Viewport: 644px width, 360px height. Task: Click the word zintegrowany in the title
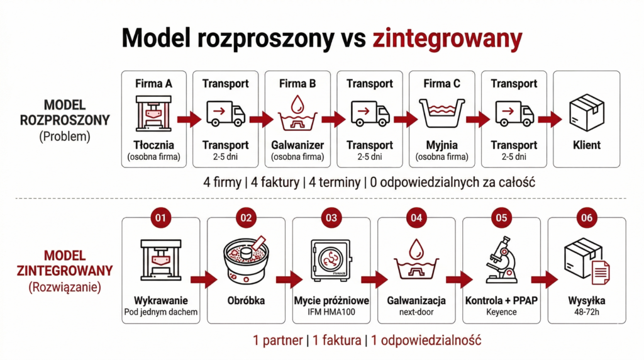(447, 38)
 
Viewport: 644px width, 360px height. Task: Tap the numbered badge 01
(161, 218)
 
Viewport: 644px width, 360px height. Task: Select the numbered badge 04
(416, 218)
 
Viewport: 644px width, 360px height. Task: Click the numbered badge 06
(586, 218)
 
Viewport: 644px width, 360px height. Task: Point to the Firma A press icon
(153, 113)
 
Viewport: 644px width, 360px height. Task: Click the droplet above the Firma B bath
(297, 102)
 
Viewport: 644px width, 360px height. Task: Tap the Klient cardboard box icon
(586, 113)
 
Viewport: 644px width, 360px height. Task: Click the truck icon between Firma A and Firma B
(225, 114)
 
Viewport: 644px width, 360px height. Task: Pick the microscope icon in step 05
(501, 260)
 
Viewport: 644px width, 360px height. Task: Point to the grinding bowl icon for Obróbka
(245, 259)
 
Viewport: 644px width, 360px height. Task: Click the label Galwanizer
(297, 145)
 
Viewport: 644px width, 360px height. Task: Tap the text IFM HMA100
(331, 312)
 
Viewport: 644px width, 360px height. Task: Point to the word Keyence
(501, 312)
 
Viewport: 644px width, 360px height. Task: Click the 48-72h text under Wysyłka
(586, 312)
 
